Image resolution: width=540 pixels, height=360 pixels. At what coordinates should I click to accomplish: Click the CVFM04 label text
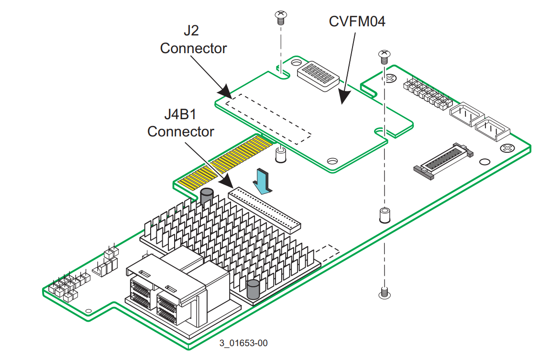pos(357,22)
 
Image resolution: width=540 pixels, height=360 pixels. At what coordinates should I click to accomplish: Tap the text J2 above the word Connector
pos(191,30)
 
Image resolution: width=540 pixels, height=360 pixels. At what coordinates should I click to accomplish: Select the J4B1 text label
pos(180,114)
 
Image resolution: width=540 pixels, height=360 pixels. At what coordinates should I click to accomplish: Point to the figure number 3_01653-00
pos(243,343)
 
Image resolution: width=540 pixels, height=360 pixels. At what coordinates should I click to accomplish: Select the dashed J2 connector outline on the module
pos(268,119)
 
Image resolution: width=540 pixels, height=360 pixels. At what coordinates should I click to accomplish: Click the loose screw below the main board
pos(385,293)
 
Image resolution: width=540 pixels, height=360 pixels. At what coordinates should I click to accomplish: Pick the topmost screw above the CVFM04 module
pos(281,18)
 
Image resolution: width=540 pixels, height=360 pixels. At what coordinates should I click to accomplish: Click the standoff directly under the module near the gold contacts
pos(281,155)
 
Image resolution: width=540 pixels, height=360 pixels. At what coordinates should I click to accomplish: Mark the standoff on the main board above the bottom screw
pos(385,215)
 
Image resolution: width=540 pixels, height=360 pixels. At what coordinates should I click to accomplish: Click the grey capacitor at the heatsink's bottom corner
pos(253,289)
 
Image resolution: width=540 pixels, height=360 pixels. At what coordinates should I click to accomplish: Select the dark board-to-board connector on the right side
pos(443,161)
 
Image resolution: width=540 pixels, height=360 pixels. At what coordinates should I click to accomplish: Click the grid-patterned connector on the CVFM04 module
pos(318,76)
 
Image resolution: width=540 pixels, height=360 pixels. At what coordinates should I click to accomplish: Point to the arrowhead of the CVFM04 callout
pos(344,97)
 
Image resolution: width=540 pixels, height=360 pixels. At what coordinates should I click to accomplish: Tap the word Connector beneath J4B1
pos(180,132)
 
